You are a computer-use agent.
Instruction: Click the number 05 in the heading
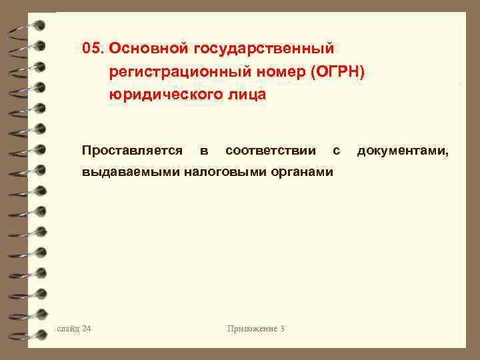point(92,48)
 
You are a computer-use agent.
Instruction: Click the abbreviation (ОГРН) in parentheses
point(339,72)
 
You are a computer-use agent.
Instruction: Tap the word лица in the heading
point(247,95)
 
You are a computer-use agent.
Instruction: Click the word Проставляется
point(132,151)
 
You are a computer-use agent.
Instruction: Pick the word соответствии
point(271,151)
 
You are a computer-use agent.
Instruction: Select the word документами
point(403,151)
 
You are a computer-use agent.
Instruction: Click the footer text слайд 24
point(75,328)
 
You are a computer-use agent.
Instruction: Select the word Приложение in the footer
point(251,328)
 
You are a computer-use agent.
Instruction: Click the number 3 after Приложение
point(283,328)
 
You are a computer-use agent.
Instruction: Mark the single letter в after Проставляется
point(203,151)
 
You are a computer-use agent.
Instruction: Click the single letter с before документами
point(336,151)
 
